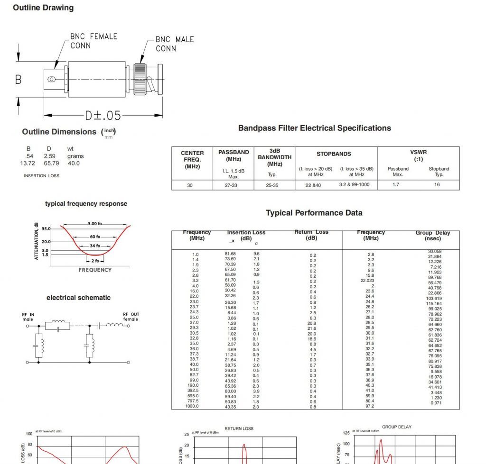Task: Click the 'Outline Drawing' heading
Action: click(x=43, y=8)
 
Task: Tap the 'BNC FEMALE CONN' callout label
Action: click(x=93, y=41)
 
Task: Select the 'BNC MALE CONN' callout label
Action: click(x=175, y=44)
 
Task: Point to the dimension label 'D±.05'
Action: click(x=103, y=115)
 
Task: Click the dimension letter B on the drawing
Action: click(x=18, y=79)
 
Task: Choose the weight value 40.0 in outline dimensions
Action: click(x=74, y=163)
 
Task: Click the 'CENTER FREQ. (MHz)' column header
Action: click(x=192, y=160)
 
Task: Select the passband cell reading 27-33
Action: click(x=231, y=185)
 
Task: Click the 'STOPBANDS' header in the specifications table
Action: click(x=334, y=154)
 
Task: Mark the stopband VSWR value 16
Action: click(x=437, y=184)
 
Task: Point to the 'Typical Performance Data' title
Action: click(x=314, y=213)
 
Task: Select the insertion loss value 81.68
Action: click(x=230, y=254)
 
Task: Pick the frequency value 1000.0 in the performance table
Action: click(x=192, y=406)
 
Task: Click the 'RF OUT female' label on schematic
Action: click(x=131, y=317)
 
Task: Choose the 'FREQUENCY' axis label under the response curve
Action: click(x=95, y=270)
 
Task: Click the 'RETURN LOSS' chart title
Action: click(x=239, y=428)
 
